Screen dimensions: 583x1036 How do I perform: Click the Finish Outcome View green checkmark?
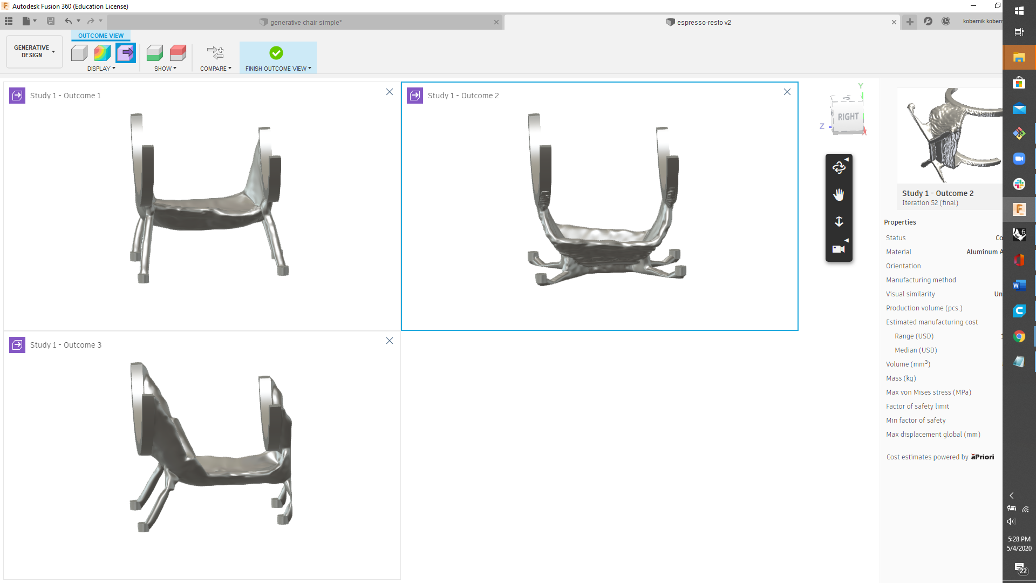(276, 53)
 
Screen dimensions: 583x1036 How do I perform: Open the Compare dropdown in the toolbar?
(215, 69)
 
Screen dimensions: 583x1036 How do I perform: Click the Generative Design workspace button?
(34, 52)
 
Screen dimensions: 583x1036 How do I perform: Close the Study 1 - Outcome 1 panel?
(390, 92)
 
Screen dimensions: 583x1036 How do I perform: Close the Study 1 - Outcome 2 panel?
(787, 92)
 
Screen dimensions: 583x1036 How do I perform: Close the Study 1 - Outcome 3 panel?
(390, 341)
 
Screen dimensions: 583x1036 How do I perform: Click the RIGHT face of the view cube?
(848, 117)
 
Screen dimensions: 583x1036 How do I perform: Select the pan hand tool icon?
(839, 194)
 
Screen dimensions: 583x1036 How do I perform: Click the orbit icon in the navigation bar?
(839, 167)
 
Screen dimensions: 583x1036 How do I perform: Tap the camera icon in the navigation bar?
(838, 249)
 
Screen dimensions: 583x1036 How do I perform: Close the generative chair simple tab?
(496, 22)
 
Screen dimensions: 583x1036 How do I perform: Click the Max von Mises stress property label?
(928, 392)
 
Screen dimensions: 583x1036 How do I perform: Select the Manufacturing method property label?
(921, 280)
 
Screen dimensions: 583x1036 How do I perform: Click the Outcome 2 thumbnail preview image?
(950, 135)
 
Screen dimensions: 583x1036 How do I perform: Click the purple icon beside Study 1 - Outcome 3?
(17, 345)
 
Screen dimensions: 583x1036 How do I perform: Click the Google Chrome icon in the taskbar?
(1019, 336)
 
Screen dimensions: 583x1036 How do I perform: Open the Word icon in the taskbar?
(1019, 285)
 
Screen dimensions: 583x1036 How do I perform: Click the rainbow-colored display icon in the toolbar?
(102, 53)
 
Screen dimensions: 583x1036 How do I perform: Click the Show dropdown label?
(165, 69)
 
